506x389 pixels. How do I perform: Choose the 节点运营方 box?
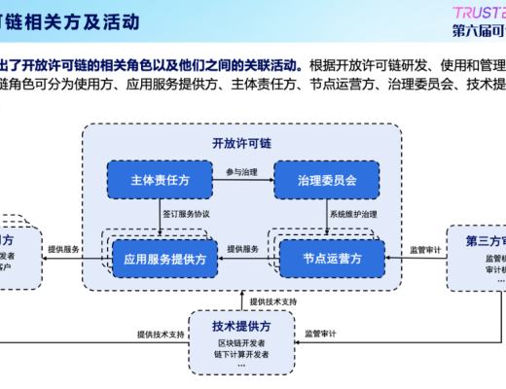(332, 260)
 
